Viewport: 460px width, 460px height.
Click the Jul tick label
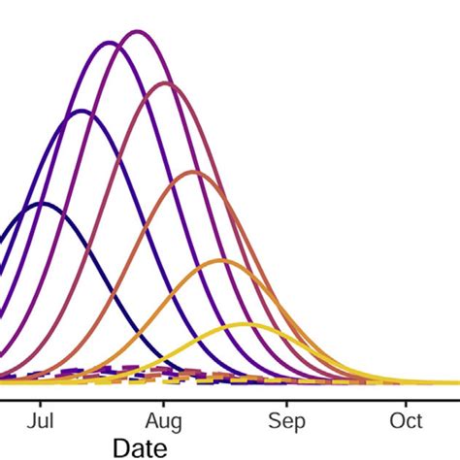click(x=40, y=421)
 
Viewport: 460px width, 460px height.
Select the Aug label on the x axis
click(x=163, y=421)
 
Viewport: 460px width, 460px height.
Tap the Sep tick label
click(x=286, y=421)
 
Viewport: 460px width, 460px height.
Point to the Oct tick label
click(x=407, y=421)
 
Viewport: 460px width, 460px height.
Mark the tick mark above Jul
click(x=40, y=399)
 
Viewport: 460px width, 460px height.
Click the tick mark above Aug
click(x=163, y=399)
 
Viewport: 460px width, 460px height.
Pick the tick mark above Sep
click(x=286, y=399)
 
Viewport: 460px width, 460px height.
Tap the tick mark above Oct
click(x=407, y=399)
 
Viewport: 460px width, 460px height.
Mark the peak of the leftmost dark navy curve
click(x=42, y=204)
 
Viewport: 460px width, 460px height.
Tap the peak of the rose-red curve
click(x=166, y=82)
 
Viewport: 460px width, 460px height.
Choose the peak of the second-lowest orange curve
click(x=221, y=260)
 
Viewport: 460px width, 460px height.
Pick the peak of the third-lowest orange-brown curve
click(x=193, y=172)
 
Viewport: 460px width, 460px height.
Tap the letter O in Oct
click(x=397, y=421)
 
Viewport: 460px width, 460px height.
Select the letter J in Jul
click(x=32, y=421)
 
